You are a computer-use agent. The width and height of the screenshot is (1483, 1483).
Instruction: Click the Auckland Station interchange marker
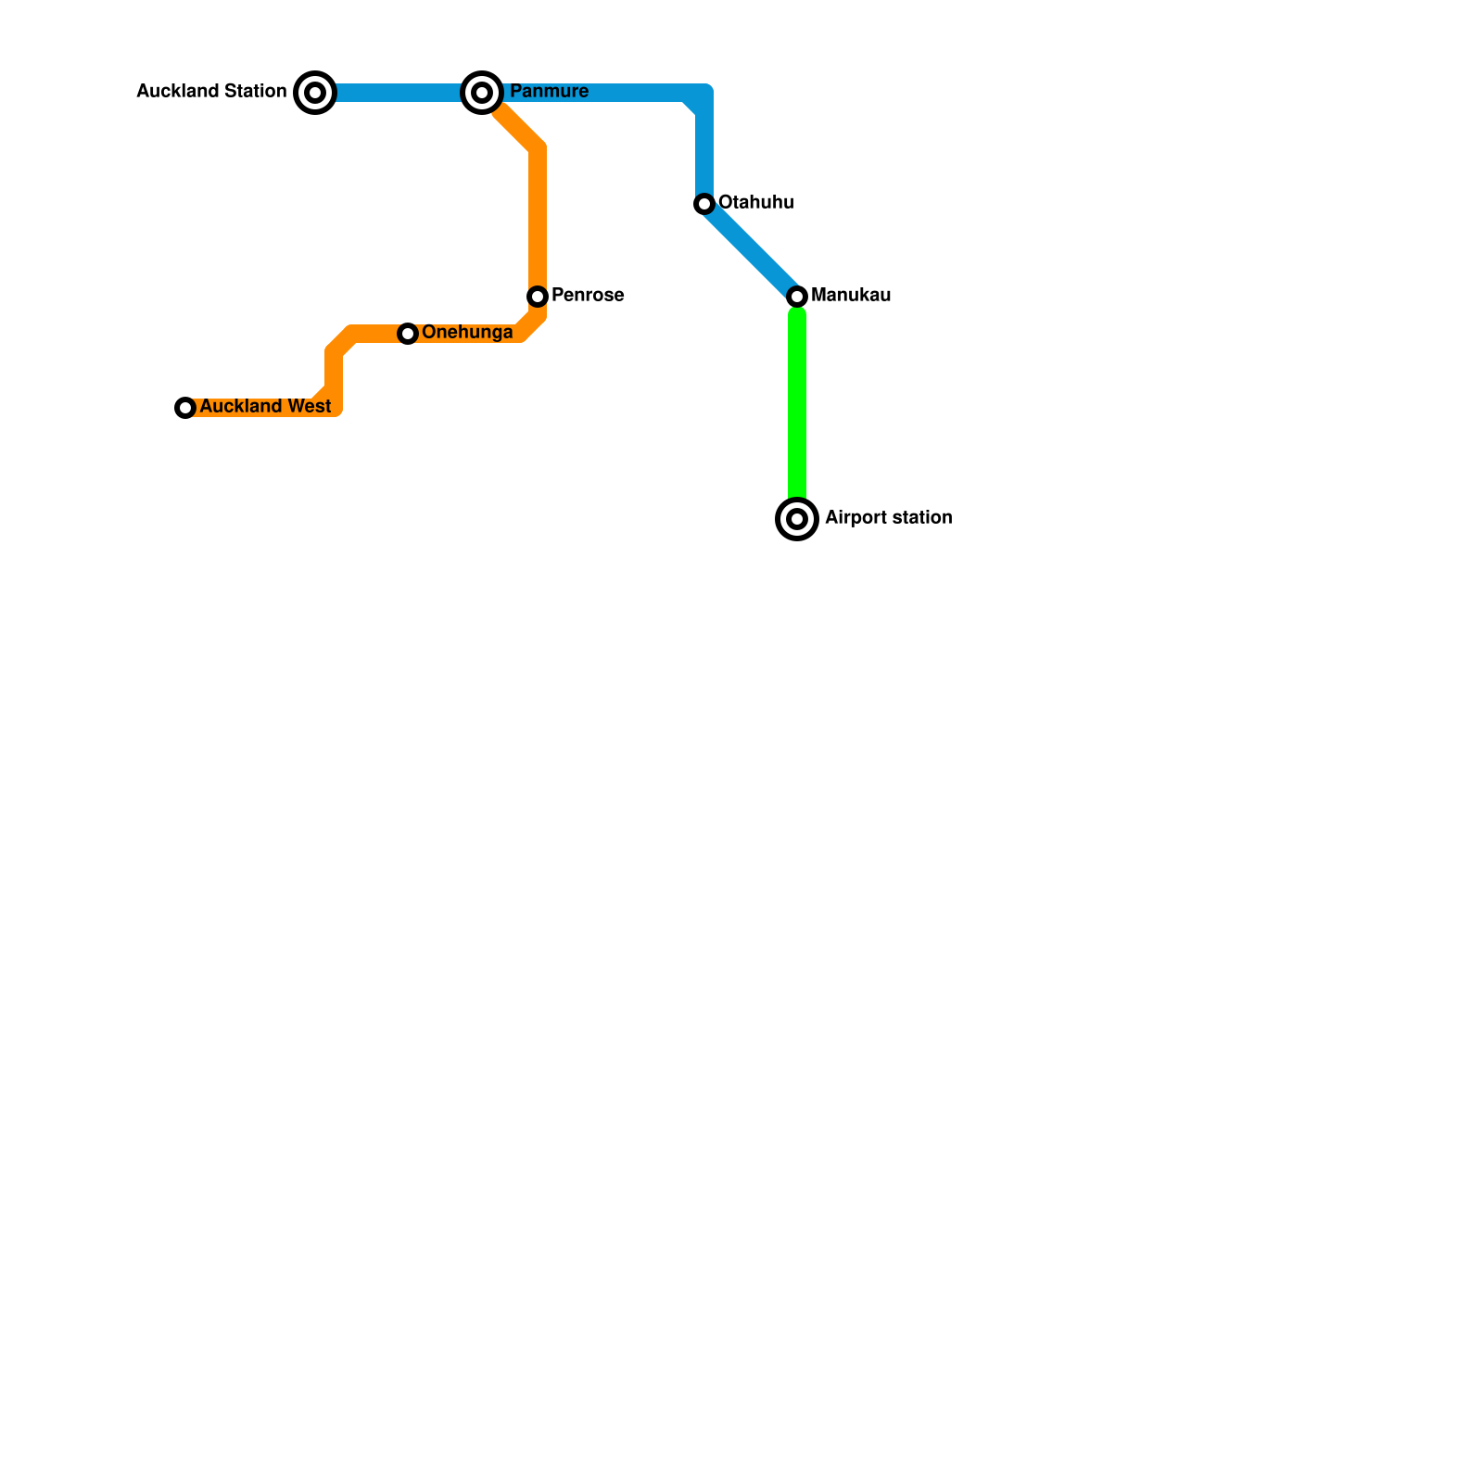315,93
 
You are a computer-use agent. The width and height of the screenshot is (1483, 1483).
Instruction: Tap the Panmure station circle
482,93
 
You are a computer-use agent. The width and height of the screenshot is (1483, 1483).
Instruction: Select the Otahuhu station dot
704,204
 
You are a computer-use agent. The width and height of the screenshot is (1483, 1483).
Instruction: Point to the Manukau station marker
797,297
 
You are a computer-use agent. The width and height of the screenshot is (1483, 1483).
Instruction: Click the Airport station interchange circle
797,519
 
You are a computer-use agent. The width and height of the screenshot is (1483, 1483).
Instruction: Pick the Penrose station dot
538,297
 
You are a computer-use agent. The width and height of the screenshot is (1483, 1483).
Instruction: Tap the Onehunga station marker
408,334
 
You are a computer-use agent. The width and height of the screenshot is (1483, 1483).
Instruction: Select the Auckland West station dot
185,408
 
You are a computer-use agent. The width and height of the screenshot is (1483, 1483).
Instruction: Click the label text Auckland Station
211,91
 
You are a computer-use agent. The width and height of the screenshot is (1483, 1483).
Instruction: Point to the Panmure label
549,91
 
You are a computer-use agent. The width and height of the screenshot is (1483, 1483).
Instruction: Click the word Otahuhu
755,202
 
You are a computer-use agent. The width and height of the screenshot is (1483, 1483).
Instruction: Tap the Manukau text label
851,295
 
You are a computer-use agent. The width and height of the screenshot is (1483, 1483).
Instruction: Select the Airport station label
888,517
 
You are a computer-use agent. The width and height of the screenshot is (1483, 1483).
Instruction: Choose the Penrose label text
588,295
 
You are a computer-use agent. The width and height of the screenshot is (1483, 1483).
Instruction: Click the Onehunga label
467,332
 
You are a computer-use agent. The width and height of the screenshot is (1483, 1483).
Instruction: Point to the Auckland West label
265,406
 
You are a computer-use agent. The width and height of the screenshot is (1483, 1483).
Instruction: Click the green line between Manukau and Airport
797,408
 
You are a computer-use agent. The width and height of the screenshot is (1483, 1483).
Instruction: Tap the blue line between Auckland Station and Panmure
399,93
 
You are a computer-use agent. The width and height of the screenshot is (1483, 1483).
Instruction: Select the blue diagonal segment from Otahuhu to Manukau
751,250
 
